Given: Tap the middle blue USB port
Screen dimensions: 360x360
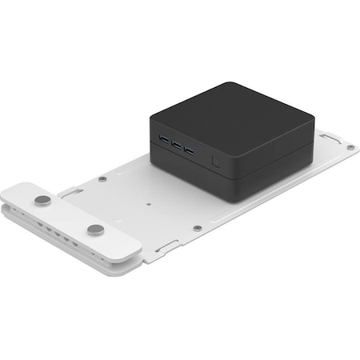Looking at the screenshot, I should click(x=176, y=146).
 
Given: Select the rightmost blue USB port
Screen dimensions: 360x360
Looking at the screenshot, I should click(x=189, y=150).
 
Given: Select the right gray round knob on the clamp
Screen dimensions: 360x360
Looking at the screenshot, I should click(x=95, y=230).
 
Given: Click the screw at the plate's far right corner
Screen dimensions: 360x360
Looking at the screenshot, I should click(x=350, y=147).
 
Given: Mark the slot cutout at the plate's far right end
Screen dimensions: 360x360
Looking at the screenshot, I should click(x=328, y=138).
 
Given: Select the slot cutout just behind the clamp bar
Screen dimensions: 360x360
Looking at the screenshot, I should click(x=68, y=191).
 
